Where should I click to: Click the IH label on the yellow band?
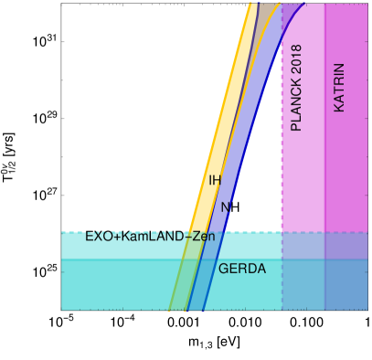click(x=215, y=180)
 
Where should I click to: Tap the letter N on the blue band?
click(x=225, y=207)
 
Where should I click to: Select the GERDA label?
click(x=242, y=269)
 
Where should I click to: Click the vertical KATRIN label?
click(x=339, y=88)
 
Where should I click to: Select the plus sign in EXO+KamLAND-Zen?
click(x=115, y=237)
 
